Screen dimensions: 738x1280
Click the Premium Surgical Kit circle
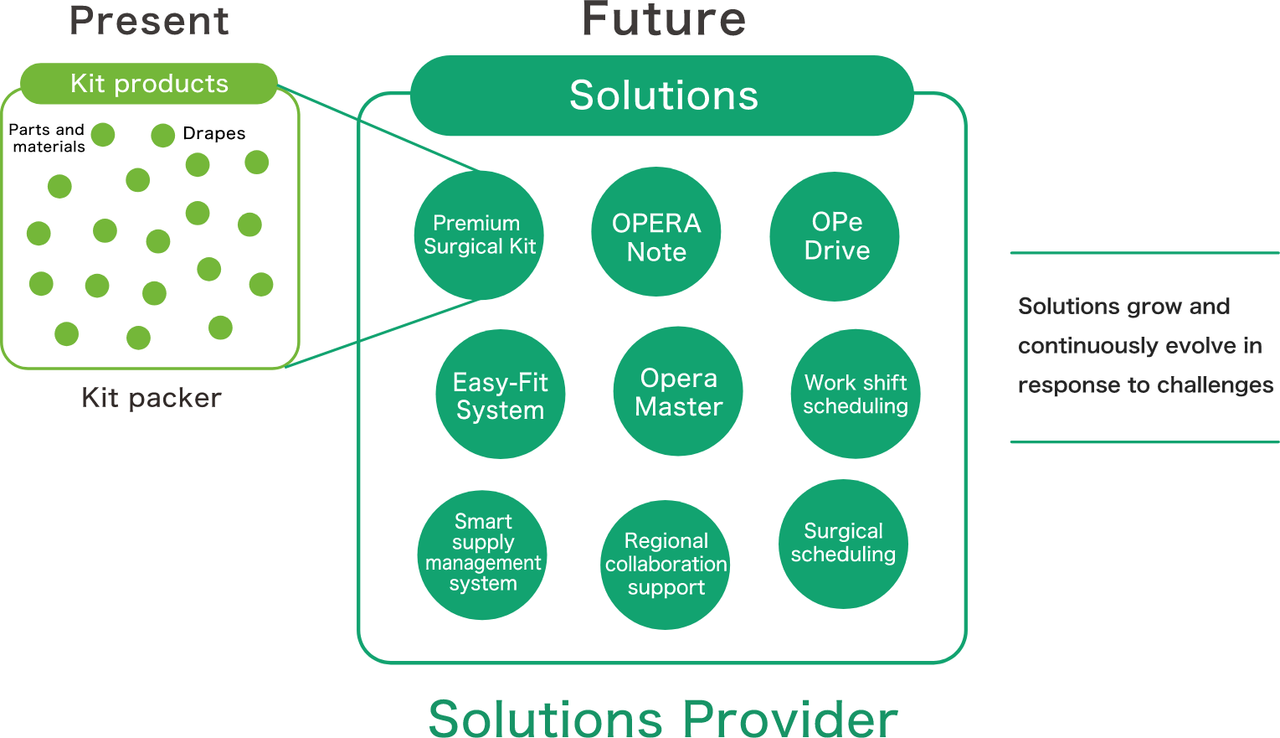click(x=479, y=235)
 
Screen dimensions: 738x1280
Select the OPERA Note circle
click(x=656, y=232)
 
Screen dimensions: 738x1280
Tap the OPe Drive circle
click(x=835, y=236)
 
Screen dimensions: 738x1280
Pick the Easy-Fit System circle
click(x=501, y=395)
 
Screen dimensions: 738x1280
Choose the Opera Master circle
click(x=678, y=391)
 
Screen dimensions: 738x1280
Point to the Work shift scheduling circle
click(x=856, y=394)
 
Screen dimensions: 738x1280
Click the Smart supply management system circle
click(x=482, y=555)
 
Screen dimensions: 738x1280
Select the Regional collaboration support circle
click(x=666, y=565)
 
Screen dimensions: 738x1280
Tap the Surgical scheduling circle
click(x=843, y=544)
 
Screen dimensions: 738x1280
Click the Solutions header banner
click(x=662, y=95)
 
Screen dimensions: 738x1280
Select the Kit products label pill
click(x=149, y=84)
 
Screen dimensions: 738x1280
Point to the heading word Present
click(x=149, y=21)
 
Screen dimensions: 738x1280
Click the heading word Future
click(x=663, y=19)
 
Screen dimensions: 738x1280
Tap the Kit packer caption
click(x=152, y=398)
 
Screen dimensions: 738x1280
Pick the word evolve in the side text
click(x=1199, y=346)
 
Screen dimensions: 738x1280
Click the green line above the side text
click(x=1144, y=252)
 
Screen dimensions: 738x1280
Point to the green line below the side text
click(x=1144, y=441)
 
